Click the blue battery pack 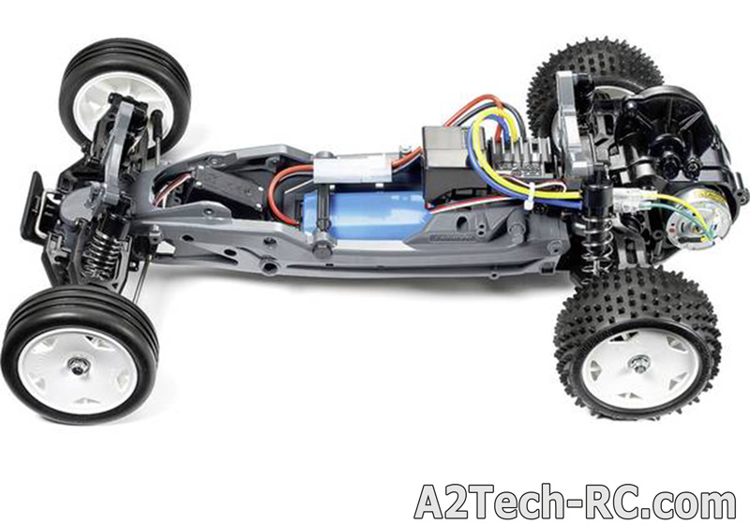[365, 215]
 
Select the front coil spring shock [101, 247]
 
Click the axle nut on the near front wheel [77, 366]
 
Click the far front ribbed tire [125, 91]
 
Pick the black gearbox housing [669, 139]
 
